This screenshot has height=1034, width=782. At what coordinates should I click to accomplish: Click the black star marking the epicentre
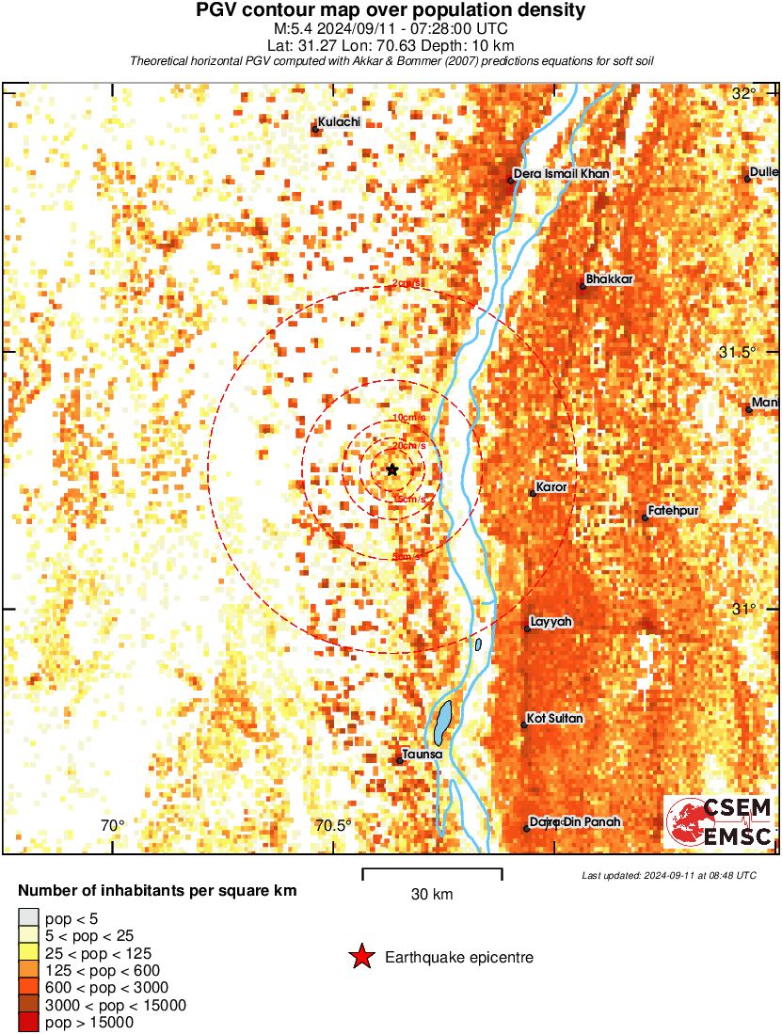tap(392, 469)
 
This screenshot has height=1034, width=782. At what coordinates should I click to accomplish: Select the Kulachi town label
tap(339, 122)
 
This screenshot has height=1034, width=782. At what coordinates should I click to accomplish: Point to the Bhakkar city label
tap(609, 279)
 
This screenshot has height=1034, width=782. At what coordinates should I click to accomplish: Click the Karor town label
tap(551, 487)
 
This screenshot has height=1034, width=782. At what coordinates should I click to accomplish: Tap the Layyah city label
tap(551, 622)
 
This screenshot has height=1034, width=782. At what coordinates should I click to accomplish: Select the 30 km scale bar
tap(432, 873)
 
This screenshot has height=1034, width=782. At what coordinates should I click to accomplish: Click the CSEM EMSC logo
tap(720, 821)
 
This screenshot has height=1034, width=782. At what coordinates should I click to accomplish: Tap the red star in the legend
tap(360, 958)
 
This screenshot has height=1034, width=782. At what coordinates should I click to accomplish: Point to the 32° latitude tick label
tap(744, 93)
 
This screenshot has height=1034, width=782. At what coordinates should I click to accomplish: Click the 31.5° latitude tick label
tap(738, 352)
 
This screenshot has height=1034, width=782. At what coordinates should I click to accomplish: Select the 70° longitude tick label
tap(112, 826)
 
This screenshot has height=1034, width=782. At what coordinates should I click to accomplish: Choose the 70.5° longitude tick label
tap(333, 826)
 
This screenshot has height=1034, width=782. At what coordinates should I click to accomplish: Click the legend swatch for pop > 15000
tap(28, 1022)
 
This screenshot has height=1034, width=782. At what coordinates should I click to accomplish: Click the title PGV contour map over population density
tap(391, 10)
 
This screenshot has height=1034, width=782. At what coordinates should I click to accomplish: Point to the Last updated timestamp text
tap(669, 875)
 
